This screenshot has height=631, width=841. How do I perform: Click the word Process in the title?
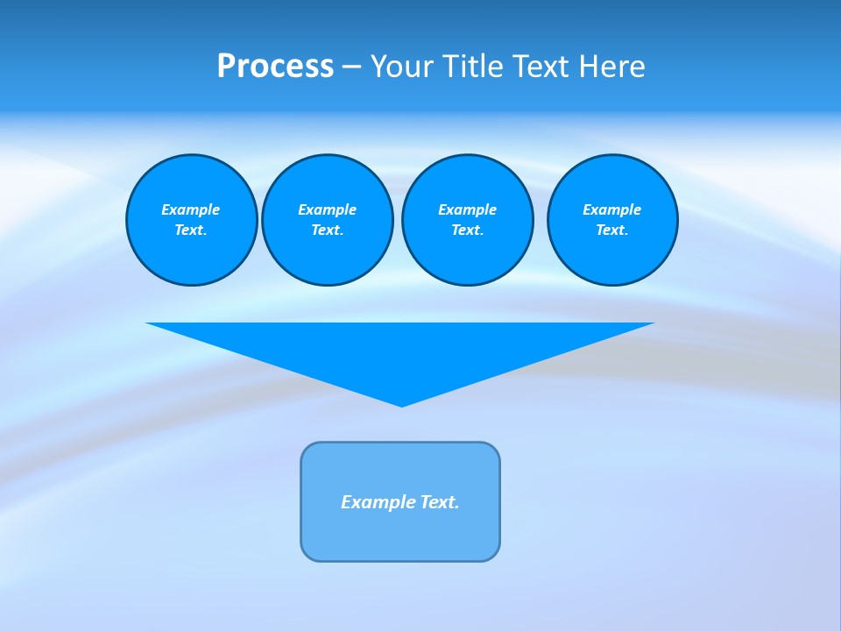tap(275, 67)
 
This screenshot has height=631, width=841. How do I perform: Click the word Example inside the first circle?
tap(191, 209)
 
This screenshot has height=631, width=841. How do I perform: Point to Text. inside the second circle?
tap(327, 230)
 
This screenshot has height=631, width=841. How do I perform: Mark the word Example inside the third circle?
tap(467, 209)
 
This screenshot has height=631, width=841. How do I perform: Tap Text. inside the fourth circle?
tap(612, 230)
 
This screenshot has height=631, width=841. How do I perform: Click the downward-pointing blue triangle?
tap(400, 351)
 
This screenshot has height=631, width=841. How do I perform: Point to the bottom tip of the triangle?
tap(401, 404)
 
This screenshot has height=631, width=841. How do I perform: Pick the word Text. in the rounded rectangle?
tap(440, 502)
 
